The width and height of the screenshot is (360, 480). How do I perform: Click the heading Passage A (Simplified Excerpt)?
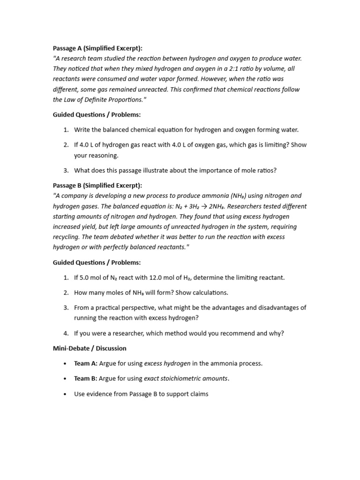point(97,48)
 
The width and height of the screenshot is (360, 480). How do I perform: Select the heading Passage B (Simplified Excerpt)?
point(97,186)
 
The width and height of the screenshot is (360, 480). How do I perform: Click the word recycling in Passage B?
point(65,237)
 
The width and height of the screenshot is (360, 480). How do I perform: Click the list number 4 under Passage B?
point(66,334)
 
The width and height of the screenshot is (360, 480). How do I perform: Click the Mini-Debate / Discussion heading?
point(90,348)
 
